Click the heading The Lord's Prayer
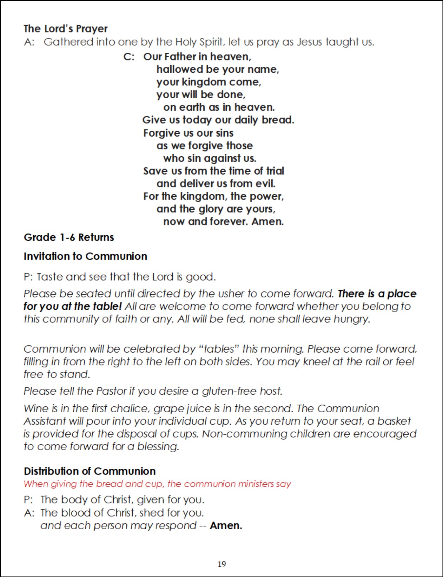click(66, 29)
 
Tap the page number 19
click(221, 564)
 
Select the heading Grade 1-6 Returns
click(69, 237)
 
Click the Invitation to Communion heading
click(85, 256)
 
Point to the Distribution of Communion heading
click(90, 471)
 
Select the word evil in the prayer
click(266, 183)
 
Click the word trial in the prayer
click(275, 171)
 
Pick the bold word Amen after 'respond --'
click(226, 525)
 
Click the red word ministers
click(256, 484)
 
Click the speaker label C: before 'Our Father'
click(129, 57)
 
